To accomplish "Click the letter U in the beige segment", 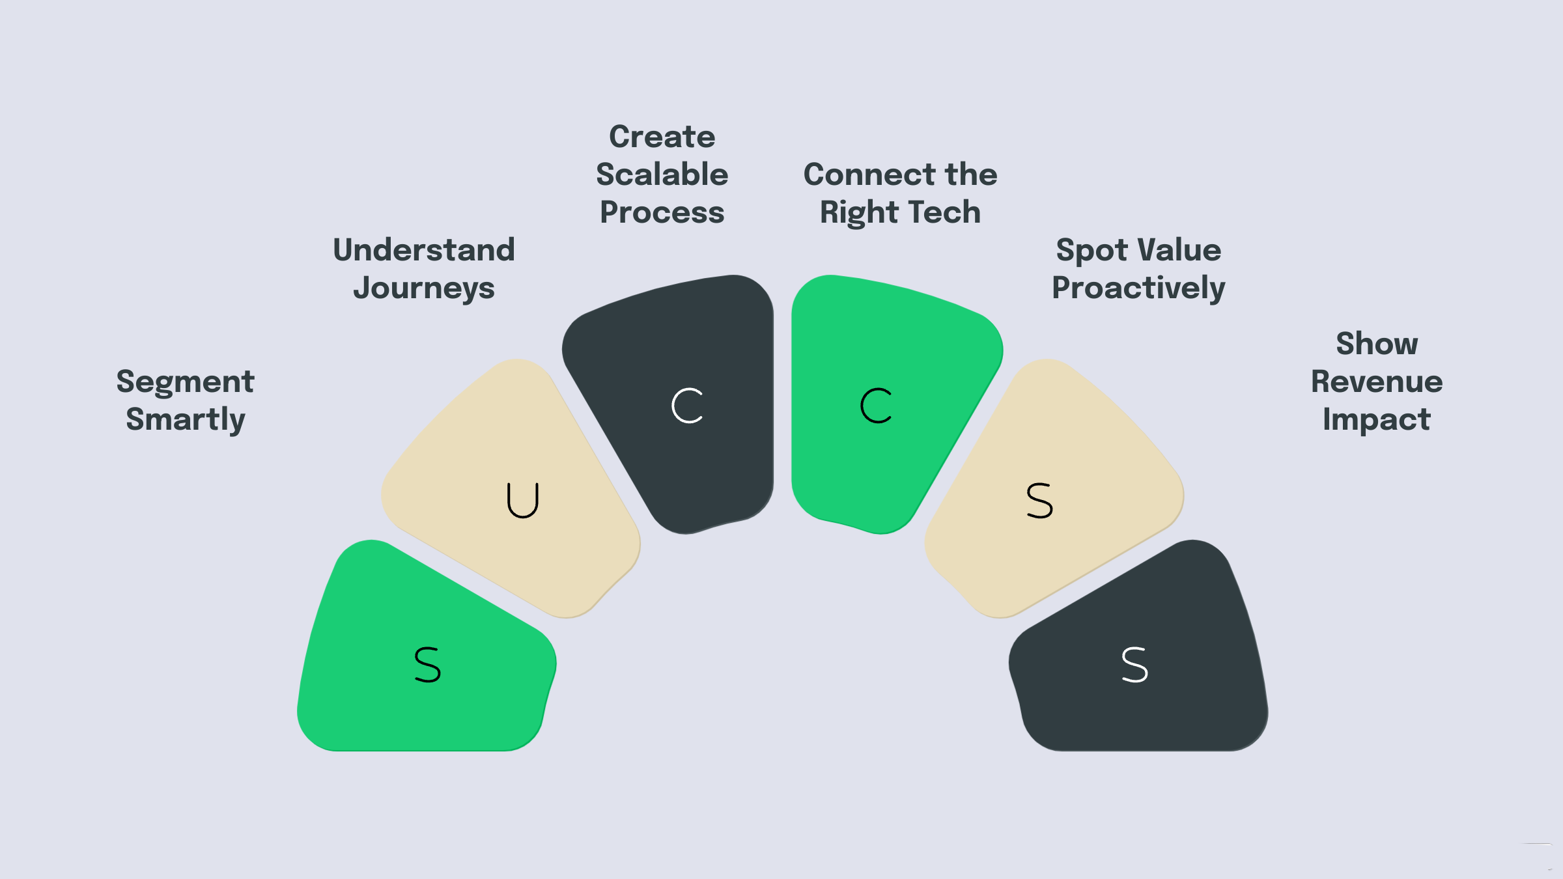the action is [x=523, y=500].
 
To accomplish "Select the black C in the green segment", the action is [x=876, y=406].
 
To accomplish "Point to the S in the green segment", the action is [x=428, y=665].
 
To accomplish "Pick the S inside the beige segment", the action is [x=1039, y=500].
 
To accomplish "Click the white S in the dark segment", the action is [x=1134, y=665].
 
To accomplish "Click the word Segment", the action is [x=185, y=382].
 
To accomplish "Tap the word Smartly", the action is [x=186, y=420].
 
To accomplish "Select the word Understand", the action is [x=424, y=250].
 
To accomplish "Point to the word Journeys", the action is [x=424, y=288].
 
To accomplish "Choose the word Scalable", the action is [x=662, y=174].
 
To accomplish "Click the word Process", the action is [x=662, y=212].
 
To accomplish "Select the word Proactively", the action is [x=1138, y=288].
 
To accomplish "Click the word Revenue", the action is [x=1377, y=382].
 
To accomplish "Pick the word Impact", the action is [x=1377, y=420].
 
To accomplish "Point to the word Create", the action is [x=662, y=137].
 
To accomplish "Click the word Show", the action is [x=1377, y=344].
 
